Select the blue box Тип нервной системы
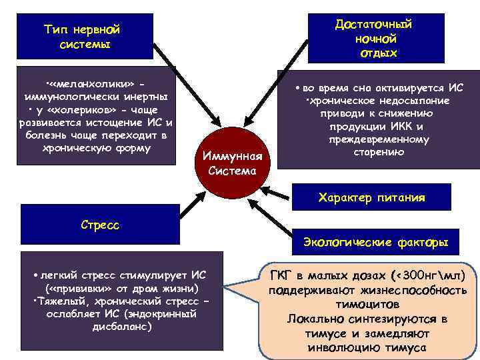click(85, 37)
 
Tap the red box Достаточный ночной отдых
click(376, 38)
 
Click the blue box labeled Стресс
click(100, 225)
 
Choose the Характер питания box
click(372, 197)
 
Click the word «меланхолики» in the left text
click(93, 85)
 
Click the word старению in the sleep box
click(378, 153)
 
